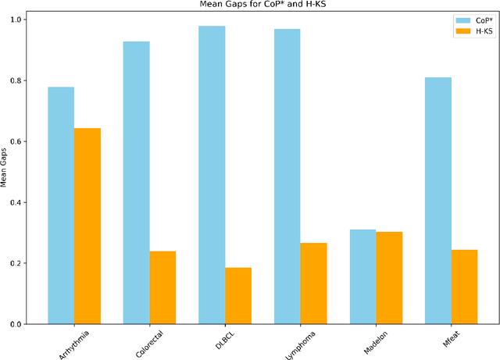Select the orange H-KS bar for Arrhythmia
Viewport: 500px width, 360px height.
coord(87,226)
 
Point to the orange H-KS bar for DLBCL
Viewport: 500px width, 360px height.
coord(238,296)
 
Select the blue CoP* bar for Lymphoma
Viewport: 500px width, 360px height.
coord(287,176)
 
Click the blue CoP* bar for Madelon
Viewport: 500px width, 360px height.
coord(362,276)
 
